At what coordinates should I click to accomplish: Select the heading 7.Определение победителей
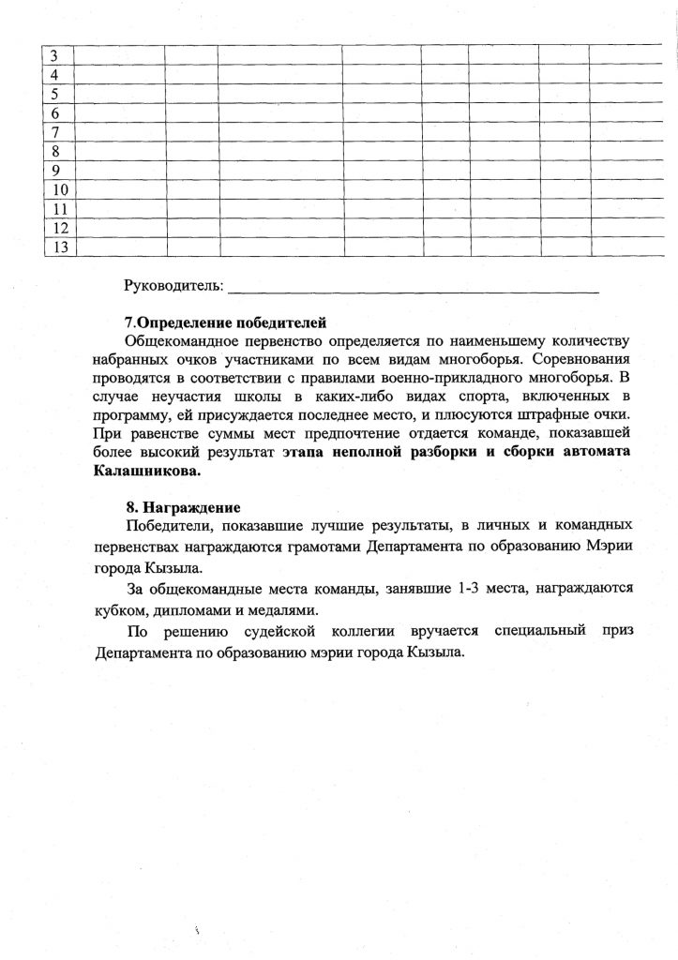[x=225, y=322]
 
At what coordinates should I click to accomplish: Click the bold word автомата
[x=596, y=452]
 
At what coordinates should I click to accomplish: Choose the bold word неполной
[x=380, y=452]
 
